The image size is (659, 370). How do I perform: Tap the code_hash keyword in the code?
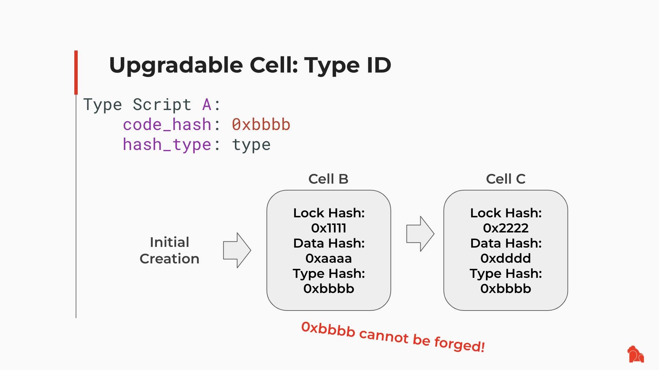coord(167,124)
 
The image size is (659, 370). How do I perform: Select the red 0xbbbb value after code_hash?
coord(261,124)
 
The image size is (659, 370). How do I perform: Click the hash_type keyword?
coord(167,144)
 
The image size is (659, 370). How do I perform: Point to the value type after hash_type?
coord(251,144)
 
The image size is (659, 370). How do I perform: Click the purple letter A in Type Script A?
coord(207,105)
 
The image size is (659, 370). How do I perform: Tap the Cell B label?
coord(328,179)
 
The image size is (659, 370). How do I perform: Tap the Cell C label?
coord(506,179)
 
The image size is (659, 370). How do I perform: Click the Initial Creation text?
coord(169,250)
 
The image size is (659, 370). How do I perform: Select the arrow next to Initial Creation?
coord(237,250)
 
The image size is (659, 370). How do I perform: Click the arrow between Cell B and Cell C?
coord(420,234)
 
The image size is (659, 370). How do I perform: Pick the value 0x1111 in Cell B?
coord(328,228)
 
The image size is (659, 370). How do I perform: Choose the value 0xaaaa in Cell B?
coord(328,258)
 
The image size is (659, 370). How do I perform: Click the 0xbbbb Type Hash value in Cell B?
coord(328,289)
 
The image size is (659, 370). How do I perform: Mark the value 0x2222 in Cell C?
coord(506,228)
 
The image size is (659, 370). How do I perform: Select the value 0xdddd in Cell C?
coord(506,258)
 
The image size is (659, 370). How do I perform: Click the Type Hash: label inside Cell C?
coord(506,273)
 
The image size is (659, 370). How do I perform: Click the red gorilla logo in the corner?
coord(636,354)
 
